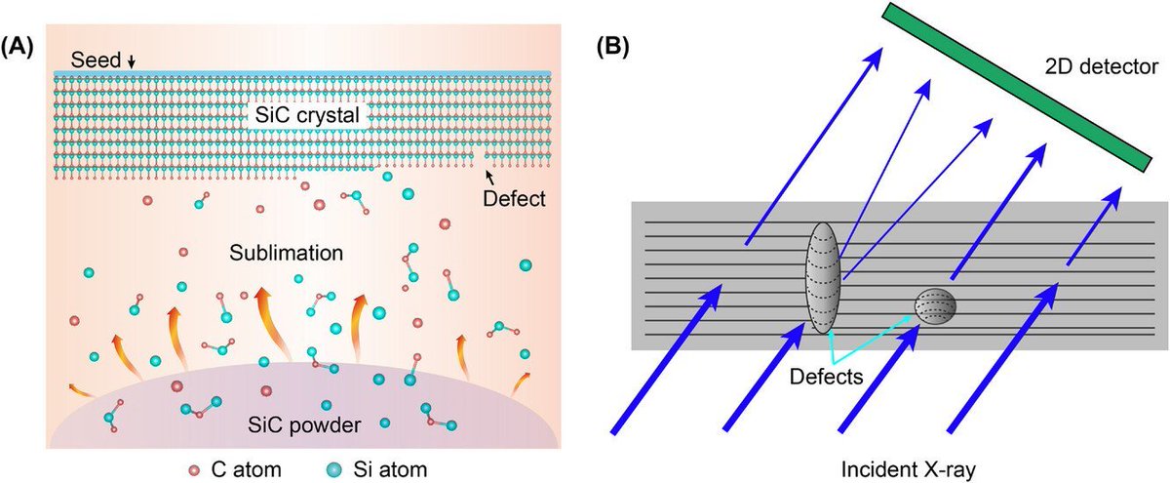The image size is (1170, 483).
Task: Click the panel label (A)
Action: [20, 45]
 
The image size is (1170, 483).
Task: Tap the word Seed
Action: [98, 60]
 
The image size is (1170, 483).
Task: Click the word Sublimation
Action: [288, 252]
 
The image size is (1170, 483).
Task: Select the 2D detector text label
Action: [1095, 67]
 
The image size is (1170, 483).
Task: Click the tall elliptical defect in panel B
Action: [824, 277]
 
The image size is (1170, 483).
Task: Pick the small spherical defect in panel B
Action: [935, 307]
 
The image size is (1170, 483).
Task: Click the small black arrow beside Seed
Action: [132, 62]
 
